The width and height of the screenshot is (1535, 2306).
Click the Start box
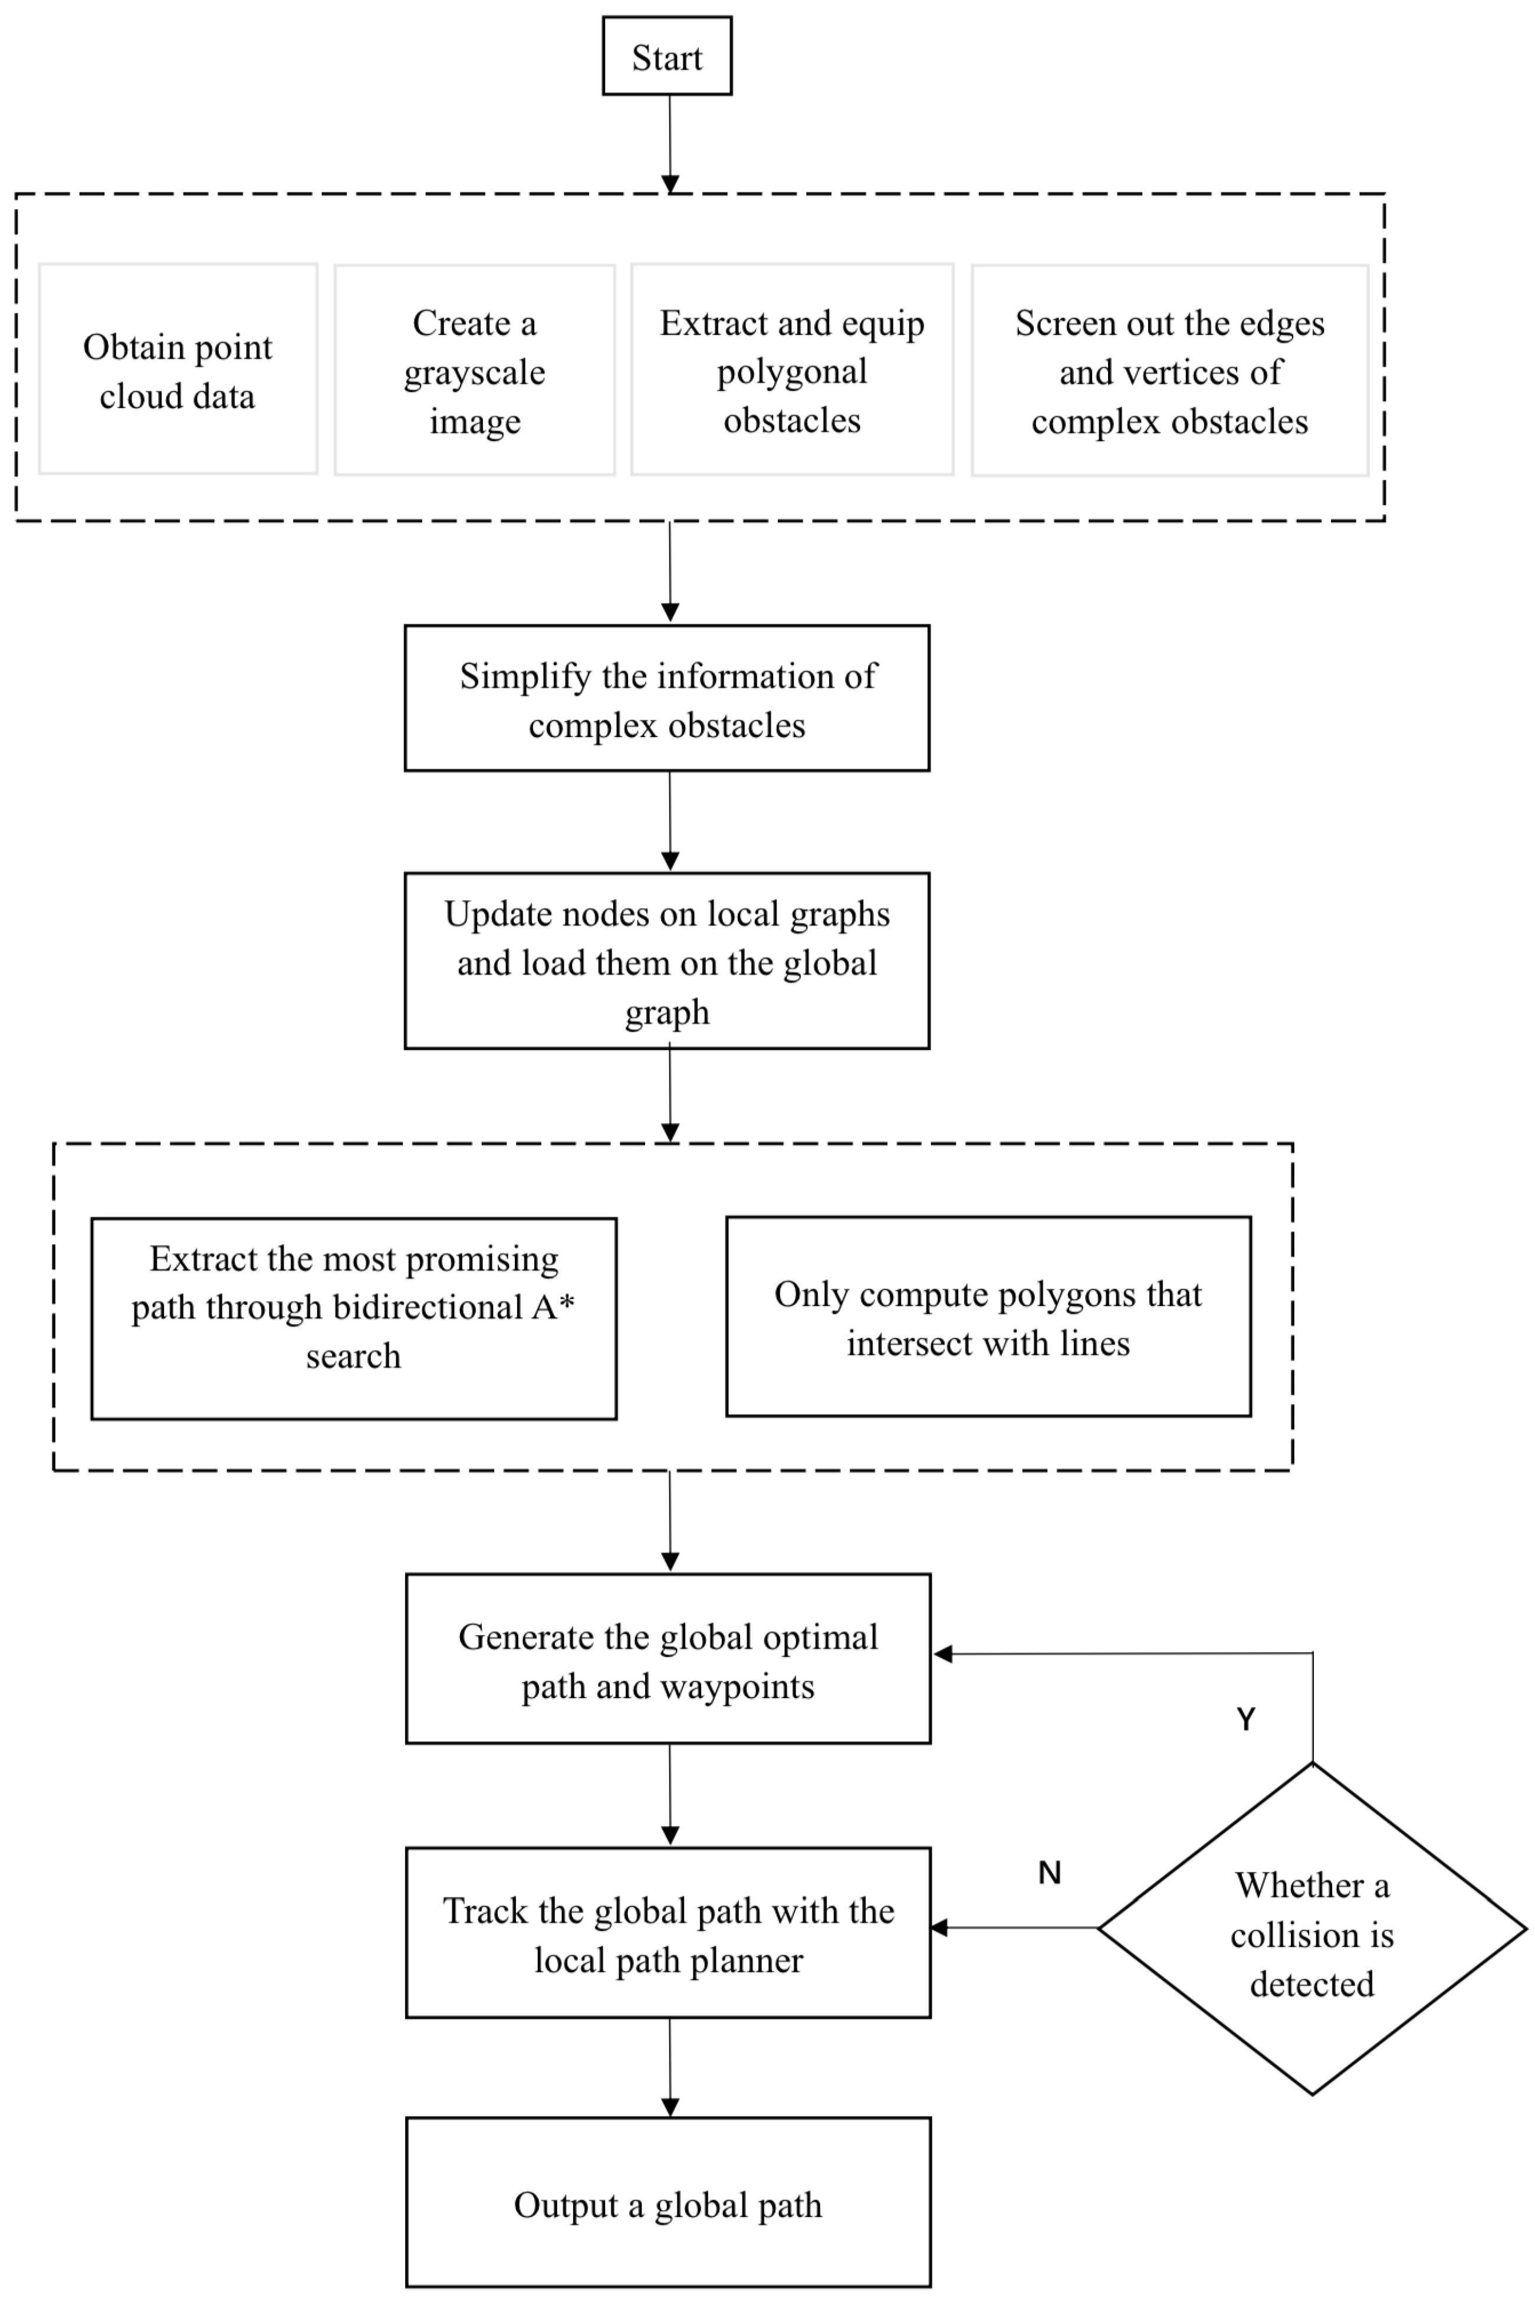(x=667, y=57)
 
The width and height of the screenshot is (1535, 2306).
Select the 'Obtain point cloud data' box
(x=177, y=370)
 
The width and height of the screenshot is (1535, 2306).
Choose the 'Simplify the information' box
(x=667, y=699)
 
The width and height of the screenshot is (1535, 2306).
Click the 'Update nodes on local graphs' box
(x=667, y=960)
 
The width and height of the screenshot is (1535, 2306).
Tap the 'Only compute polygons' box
(x=988, y=1317)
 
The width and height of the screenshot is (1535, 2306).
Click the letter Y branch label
(x=1245, y=1720)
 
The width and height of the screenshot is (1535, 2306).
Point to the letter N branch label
(x=1050, y=1873)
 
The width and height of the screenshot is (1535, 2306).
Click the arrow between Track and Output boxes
(x=669, y=2066)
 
